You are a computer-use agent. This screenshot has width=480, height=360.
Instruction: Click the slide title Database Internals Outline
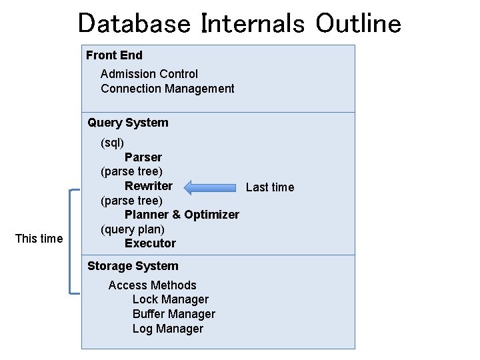tap(239, 23)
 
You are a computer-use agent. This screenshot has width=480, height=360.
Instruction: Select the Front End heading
tap(114, 55)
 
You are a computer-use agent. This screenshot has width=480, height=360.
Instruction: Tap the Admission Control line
tap(149, 74)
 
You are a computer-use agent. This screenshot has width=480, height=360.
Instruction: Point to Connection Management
tap(167, 89)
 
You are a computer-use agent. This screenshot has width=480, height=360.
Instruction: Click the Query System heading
tap(127, 123)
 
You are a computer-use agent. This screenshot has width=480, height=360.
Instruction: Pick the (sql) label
tap(112, 143)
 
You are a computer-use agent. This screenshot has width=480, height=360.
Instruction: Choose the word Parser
tap(143, 157)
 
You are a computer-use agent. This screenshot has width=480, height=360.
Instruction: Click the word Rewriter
tap(148, 186)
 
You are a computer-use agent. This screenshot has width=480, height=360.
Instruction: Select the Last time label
tap(269, 187)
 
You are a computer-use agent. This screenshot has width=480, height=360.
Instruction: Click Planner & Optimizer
tap(181, 215)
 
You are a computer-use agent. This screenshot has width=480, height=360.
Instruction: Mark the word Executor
tap(150, 243)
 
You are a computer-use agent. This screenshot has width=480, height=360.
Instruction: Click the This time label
tap(39, 239)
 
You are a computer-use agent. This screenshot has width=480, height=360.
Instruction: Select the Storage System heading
tap(133, 266)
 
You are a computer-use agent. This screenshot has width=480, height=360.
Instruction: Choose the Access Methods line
tap(152, 285)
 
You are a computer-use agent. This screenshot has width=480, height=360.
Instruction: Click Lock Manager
tap(170, 300)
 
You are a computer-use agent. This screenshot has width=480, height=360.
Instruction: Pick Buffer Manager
tap(173, 314)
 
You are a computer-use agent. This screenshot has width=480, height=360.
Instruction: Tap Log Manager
tap(167, 329)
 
